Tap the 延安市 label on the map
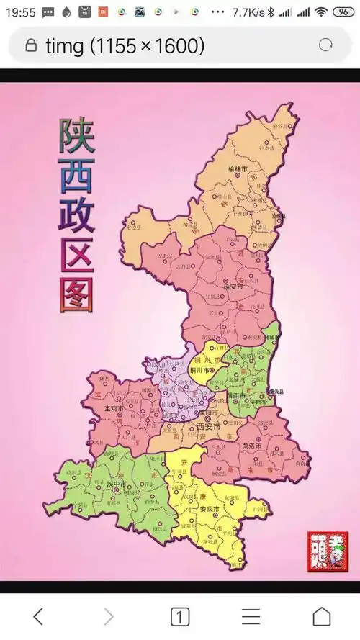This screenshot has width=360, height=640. tap(233, 286)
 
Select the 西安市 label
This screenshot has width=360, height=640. tap(208, 427)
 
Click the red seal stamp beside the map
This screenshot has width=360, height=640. tap(322, 551)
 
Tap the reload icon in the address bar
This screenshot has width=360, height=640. tap(325, 45)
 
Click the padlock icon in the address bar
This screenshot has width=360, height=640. tap(30, 46)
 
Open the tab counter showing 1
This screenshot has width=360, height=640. tap(179, 616)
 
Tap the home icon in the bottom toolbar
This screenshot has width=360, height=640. tap(321, 616)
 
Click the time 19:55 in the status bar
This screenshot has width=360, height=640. tap(22, 12)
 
